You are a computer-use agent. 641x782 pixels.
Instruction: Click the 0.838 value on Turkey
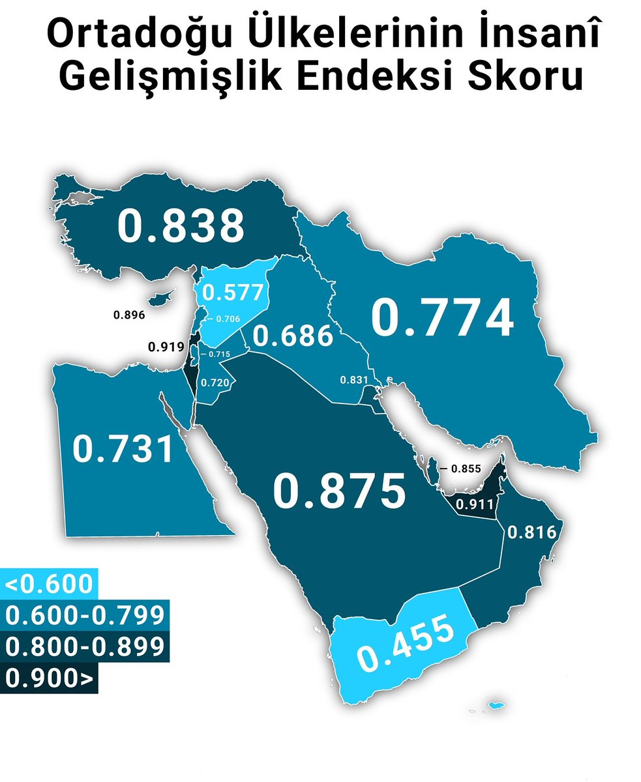(x=181, y=225)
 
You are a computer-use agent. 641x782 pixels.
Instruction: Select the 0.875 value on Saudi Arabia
(x=339, y=491)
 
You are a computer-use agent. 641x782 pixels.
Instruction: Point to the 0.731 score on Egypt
(x=123, y=450)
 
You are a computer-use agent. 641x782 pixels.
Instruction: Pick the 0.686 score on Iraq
(x=293, y=337)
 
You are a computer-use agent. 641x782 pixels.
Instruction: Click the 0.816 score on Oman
(x=531, y=532)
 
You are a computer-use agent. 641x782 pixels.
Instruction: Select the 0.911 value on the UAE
(x=473, y=504)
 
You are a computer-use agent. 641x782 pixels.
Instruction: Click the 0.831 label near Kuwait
(x=355, y=381)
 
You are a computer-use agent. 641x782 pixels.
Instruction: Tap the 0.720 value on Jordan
(x=215, y=383)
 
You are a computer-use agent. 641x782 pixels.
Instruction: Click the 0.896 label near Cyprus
(x=128, y=315)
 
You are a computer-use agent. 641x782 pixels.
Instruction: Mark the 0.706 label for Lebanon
(x=228, y=319)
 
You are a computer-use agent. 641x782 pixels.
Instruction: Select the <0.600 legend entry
(x=49, y=584)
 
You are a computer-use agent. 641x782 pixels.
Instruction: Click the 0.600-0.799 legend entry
(x=83, y=615)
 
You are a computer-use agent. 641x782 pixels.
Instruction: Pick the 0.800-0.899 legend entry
(x=83, y=646)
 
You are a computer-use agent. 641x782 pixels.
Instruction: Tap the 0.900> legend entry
(x=49, y=678)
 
